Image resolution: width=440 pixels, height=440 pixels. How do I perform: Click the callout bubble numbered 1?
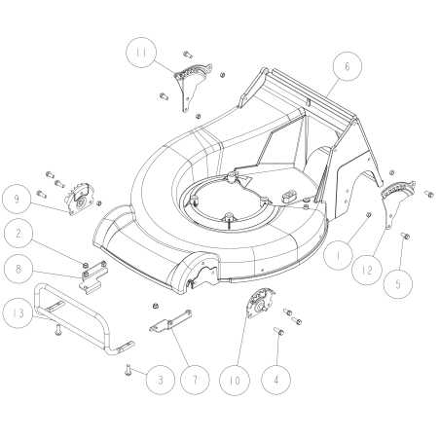click(x=337, y=257)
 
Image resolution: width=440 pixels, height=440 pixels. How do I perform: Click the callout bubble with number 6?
click(x=346, y=66)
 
